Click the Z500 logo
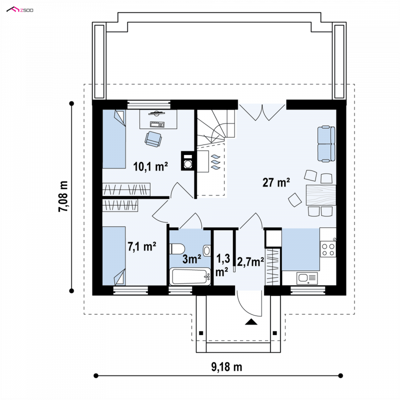(x=19, y=9)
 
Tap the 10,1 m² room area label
(x=150, y=166)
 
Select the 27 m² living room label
(x=276, y=182)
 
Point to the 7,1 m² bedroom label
(x=142, y=246)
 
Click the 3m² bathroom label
(x=192, y=259)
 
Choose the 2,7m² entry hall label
(x=250, y=262)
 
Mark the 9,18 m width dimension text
(x=226, y=367)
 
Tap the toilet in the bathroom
(x=177, y=248)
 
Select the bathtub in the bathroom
(x=190, y=276)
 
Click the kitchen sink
(x=307, y=278)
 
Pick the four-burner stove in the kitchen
(x=328, y=249)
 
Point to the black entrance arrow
(x=251, y=322)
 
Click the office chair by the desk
(x=153, y=139)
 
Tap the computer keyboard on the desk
(x=157, y=124)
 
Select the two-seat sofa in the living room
(x=326, y=144)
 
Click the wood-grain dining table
(x=321, y=195)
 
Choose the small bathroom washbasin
(x=206, y=250)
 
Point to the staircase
(x=216, y=127)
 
